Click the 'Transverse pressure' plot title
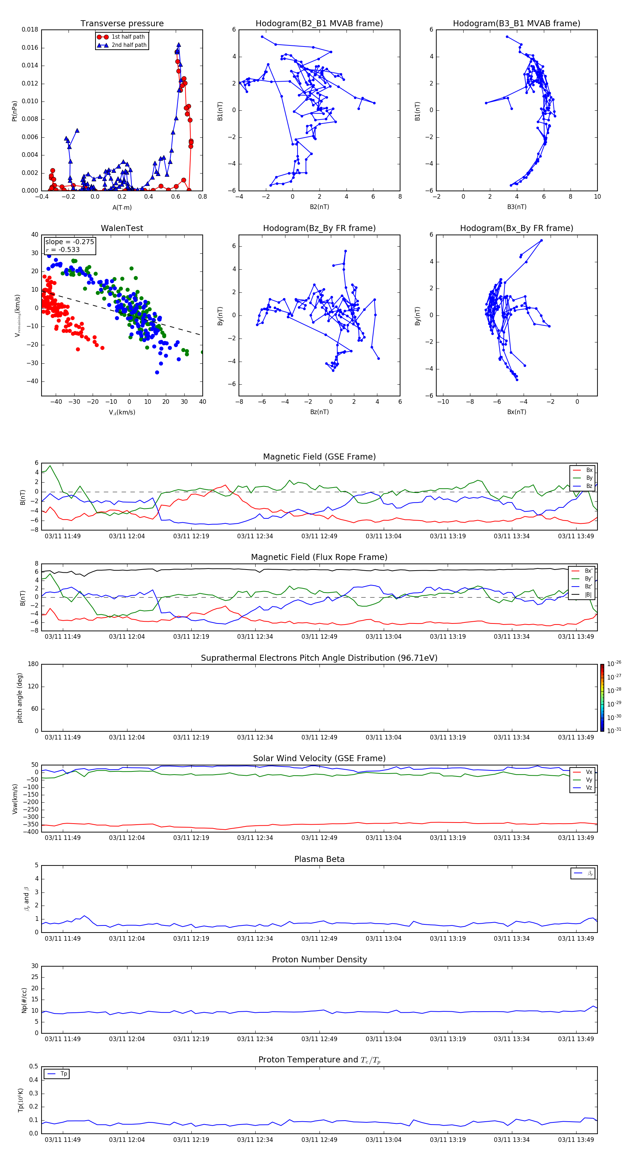[122, 24]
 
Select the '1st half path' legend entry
[128, 37]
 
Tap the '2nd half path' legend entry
[129, 45]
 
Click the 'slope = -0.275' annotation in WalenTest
[70, 242]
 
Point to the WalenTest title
[122, 228]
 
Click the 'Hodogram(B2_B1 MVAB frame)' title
[319, 24]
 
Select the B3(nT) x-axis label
[517, 207]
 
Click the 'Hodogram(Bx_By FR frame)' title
[517, 228]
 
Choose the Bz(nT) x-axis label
[319, 412]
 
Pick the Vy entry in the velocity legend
[589, 780]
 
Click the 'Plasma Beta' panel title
[319, 859]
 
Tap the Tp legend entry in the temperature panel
[64, 1074]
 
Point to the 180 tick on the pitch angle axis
[33, 664]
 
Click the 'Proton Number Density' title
[319, 960]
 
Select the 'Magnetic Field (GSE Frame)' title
[319, 457]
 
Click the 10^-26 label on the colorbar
[614, 664]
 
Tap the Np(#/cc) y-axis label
[24, 1000]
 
